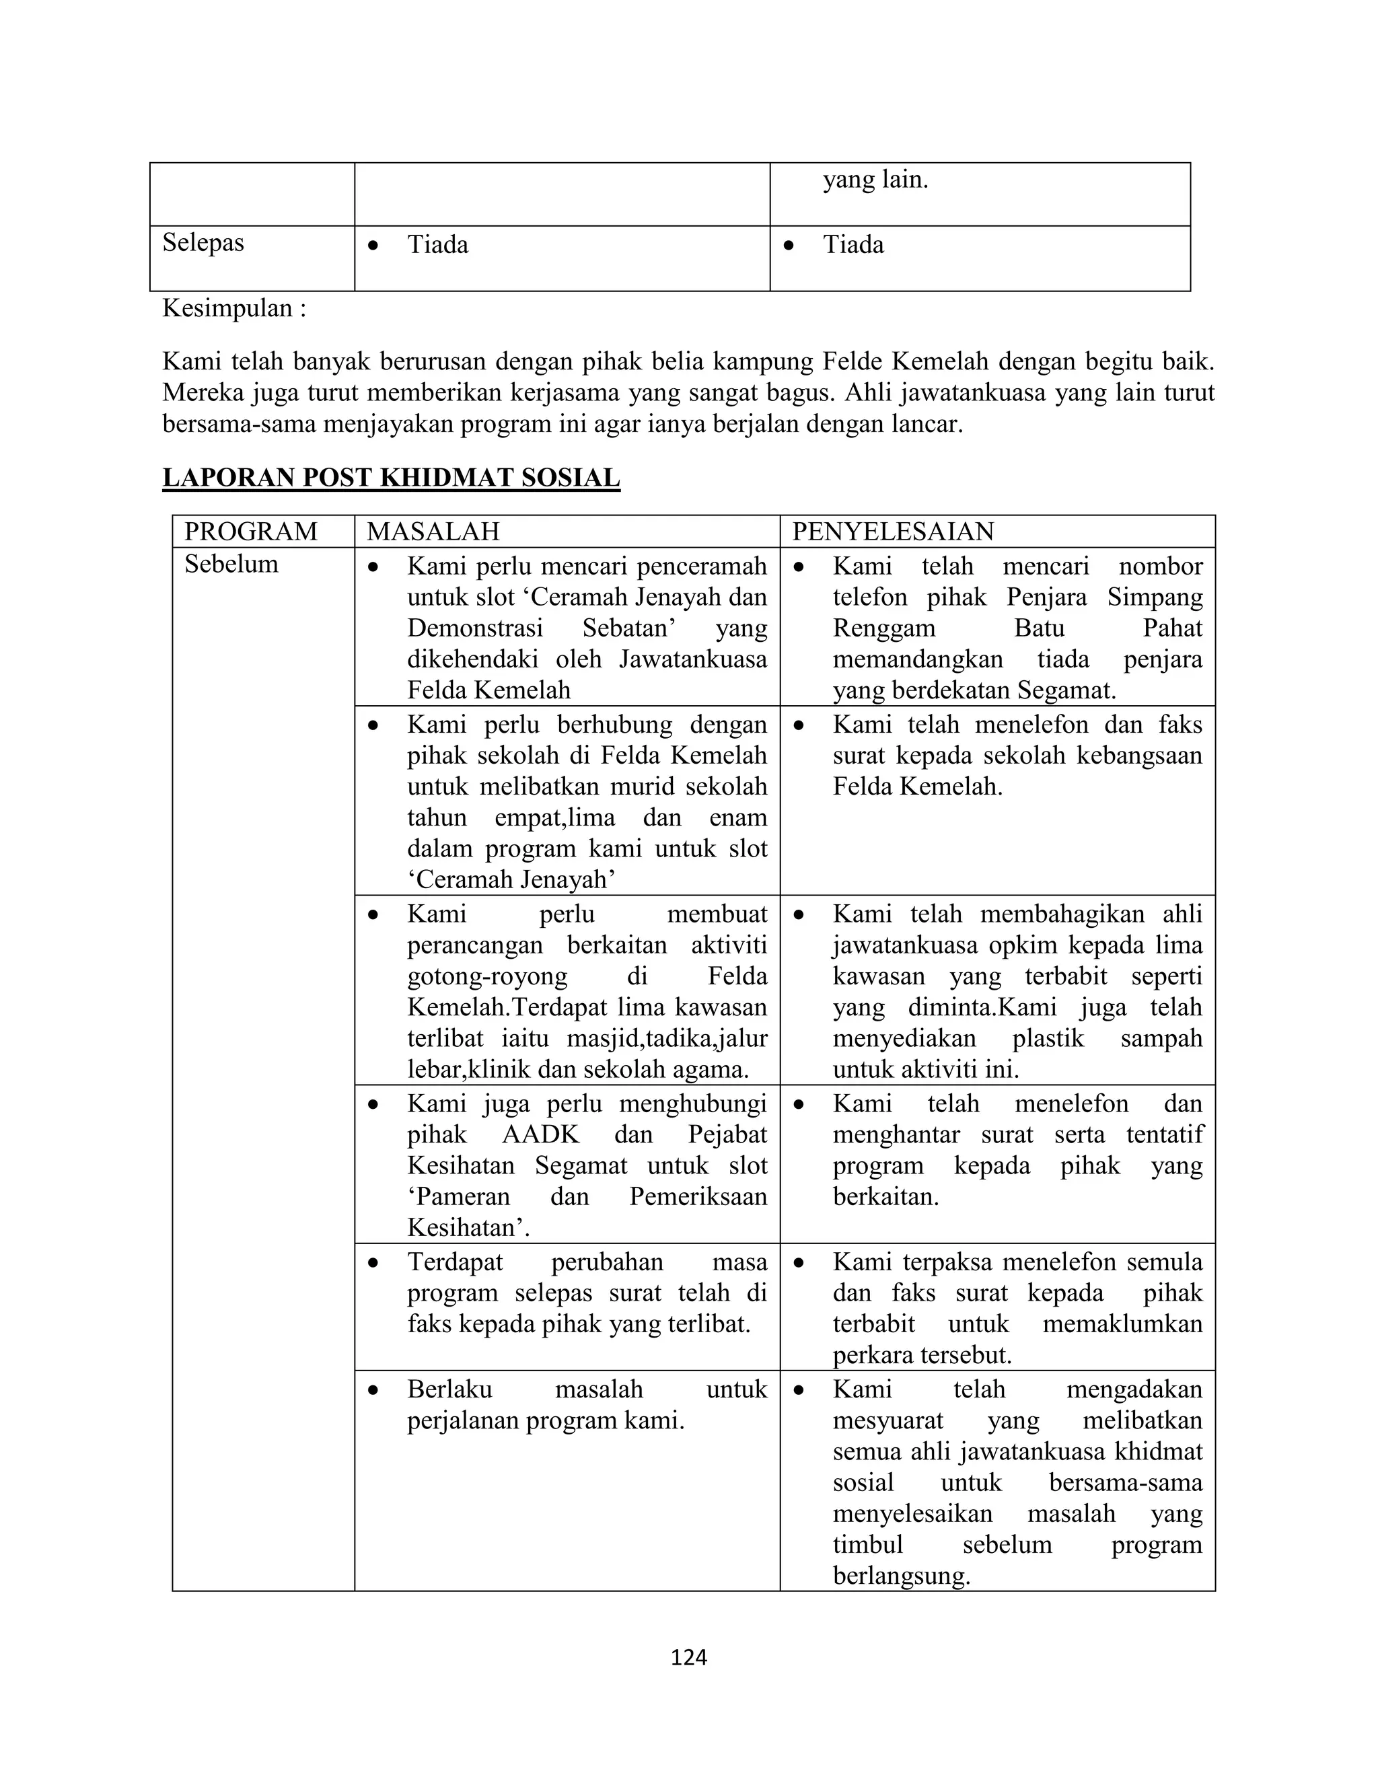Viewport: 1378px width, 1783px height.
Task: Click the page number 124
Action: [x=688, y=1657]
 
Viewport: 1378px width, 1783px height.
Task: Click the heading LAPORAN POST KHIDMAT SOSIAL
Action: [x=391, y=478]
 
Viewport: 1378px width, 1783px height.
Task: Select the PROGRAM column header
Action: [x=250, y=532]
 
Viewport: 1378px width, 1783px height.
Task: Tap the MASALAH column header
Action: [x=433, y=532]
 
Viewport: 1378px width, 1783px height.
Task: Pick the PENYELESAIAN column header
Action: [x=893, y=532]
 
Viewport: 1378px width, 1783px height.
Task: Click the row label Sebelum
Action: [x=231, y=564]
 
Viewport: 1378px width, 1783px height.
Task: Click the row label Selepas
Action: [x=203, y=242]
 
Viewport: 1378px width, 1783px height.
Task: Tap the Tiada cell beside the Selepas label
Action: [x=437, y=245]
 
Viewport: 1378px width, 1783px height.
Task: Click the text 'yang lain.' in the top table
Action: [x=875, y=180]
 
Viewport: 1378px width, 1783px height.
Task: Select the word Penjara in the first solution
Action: [x=1046, y=597]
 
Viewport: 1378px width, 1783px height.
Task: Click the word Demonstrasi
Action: [x=475, y=628]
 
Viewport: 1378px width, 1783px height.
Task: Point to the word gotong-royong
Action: [x=487, y=976]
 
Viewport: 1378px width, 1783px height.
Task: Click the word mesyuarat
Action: [x=887, y=1420]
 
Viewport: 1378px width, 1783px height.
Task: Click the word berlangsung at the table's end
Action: [x=900, y=1576]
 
